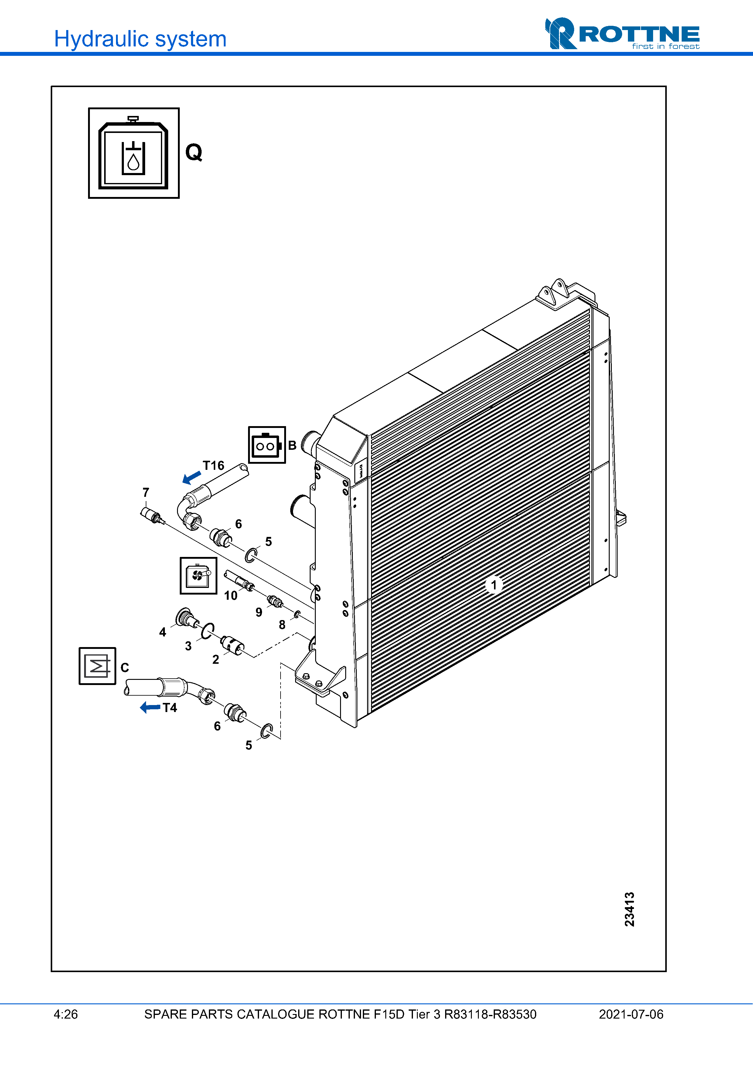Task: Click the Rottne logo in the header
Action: pos(622,34)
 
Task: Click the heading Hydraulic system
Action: pos(140,39)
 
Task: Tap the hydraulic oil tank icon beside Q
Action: pos(134,153)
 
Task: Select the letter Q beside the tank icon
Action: pos(194,152)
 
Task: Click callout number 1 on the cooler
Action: pos(494,585)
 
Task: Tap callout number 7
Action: pos(146,492)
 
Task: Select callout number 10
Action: pos(230,595)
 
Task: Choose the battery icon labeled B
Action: pos(267,445)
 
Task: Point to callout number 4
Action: pos(162,632)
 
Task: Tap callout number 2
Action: pos(216,659)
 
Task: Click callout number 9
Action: pos(259,612)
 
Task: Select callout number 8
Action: pos(282,625)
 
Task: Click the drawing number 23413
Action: pos(629,909)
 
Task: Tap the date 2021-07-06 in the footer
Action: pos(631,1014)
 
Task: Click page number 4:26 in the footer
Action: pos(66,1014)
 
